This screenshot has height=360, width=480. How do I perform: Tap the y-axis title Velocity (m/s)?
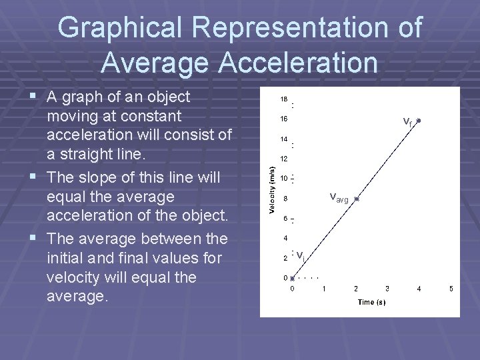pos(271,190)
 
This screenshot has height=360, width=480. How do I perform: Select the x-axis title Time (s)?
pos(371,302)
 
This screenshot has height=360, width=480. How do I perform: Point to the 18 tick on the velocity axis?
pos(283,99)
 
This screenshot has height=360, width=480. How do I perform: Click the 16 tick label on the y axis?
pos(283,119)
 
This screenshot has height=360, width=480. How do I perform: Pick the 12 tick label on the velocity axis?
pos(283,159)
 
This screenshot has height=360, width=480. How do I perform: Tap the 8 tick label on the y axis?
pos(285,199)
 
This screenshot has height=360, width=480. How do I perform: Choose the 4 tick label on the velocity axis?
pos(285,238)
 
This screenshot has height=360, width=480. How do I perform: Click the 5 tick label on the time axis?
pos(451,289)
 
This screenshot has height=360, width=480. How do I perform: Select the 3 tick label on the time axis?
pos(387,289)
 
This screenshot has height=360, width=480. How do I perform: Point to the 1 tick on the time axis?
pos(323,289)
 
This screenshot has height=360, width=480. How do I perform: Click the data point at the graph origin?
pos(292,278)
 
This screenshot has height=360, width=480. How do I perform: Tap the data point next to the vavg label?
pos(357,199)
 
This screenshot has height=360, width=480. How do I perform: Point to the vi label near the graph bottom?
pos(301,255)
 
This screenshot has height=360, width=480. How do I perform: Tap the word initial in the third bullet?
pos(67,257)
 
